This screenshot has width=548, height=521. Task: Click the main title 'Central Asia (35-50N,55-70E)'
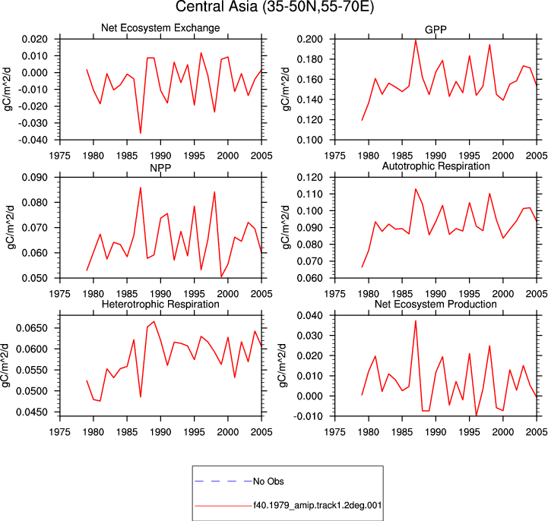pyautogui.click(x=274, y=7)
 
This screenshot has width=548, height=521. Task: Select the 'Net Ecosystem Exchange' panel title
pyautogui.click(x=160, y=28)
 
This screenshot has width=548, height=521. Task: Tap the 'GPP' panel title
pyautogui.click(x=436, y=30)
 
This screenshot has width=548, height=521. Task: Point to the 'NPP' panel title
pyautogui.click(x=160, y=168)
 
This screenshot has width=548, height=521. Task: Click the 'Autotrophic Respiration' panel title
pyautogui.click(x=436, y=166)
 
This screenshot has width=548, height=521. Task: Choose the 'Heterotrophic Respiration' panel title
pyautogui.click(x=160, y=304)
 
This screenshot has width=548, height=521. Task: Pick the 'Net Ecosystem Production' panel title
pyautogui.click(x=436, y=304)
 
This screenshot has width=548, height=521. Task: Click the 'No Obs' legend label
pyautogui.click(x=268, y=482)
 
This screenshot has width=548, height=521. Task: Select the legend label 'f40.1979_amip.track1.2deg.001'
pyautogui.click(x=318, y=505)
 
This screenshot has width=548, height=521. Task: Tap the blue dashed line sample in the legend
pyautogui.click(x=223, y=482)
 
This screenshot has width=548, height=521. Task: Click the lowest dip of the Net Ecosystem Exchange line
pyautogui.click(x=141, y=133)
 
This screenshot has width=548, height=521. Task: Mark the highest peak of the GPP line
pyautogui.click(x=416, y=40)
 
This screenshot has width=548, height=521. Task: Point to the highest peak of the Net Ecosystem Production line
pyautogui.click(x=416, y=321)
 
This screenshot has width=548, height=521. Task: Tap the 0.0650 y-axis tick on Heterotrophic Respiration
pyautogui.click(x=31, y=328)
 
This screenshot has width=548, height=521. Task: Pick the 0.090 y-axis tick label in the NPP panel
pyautogui.click(x=35, y=178)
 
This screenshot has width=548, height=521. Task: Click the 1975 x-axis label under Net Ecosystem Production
pyautogui.click(x=335, y=432)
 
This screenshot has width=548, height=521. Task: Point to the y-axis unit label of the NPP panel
pyautogui.click(x=11, y=227)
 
